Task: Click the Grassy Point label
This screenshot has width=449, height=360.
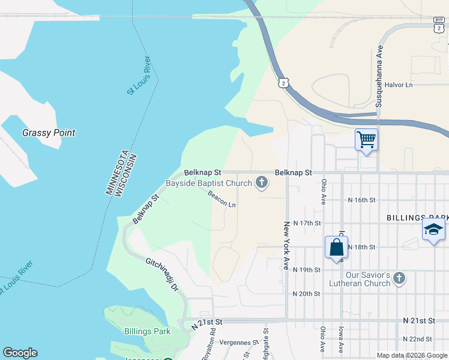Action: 49,133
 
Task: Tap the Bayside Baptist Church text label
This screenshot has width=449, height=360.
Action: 208,183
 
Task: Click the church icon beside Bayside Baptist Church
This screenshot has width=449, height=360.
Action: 261,182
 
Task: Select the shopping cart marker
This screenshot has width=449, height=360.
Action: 366,140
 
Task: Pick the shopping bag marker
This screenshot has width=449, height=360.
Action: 336,247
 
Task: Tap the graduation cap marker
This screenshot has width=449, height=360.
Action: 433,230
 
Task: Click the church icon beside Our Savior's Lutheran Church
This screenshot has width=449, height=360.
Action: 400,278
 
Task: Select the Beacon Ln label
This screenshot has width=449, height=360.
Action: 221,199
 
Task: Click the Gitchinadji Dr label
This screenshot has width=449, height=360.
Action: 162,275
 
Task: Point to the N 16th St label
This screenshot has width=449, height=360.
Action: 362,199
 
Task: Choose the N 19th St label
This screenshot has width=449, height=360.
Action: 306,270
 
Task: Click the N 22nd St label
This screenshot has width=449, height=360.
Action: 418,339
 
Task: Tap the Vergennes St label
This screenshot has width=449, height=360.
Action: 238,342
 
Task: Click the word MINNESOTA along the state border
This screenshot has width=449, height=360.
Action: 116,172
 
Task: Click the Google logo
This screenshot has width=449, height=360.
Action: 20,353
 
